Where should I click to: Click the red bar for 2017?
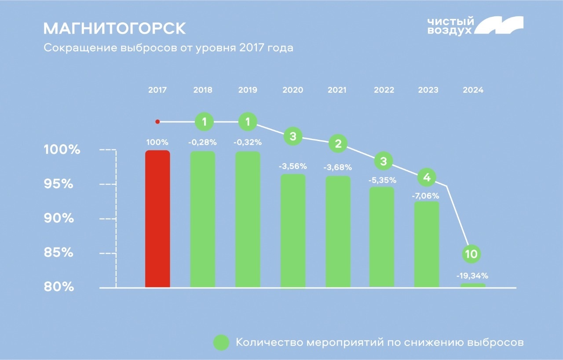[157, 219]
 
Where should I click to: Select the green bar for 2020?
[293, 231]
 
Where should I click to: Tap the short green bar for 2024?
[473, 285]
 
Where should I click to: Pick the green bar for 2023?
[427, 244]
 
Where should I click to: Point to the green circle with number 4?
[426, 178]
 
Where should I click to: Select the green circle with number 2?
[338, 144]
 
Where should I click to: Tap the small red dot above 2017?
[157, 122]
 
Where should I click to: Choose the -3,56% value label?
[293, 167]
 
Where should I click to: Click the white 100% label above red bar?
[157, 142]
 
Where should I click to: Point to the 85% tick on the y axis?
[58, 253]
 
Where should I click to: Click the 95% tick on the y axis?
[58, 184]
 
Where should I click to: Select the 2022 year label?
[384, 90]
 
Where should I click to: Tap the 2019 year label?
[248, 90]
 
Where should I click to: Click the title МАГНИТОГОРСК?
[114, 29]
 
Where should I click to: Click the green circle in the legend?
[221, 343]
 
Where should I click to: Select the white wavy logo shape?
[500, 25]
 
